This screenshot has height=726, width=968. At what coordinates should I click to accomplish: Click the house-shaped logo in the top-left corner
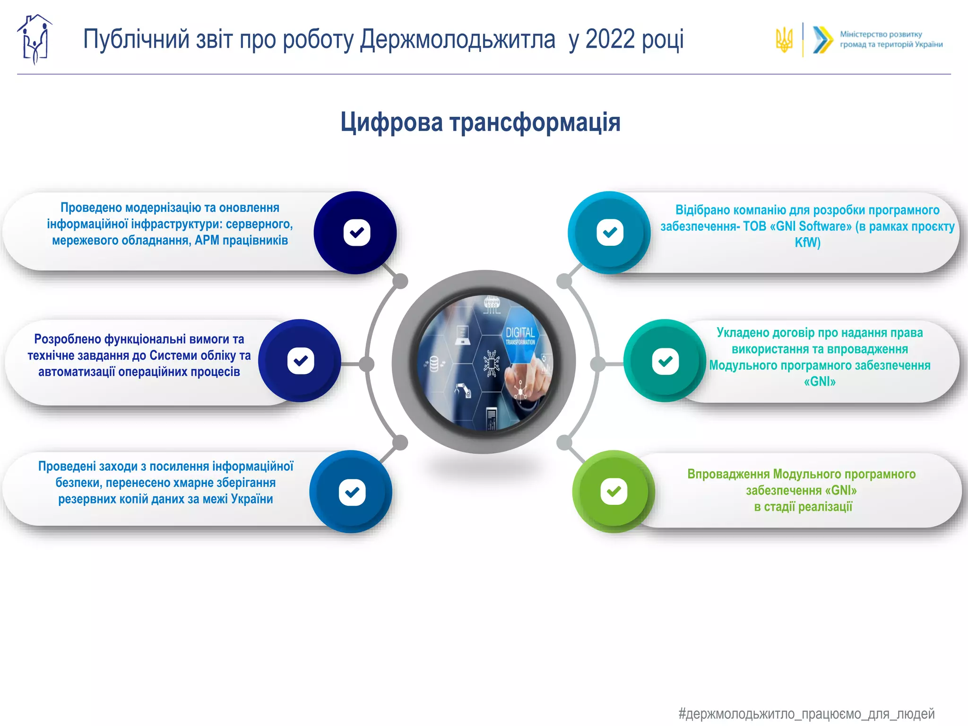(x=35, y=39)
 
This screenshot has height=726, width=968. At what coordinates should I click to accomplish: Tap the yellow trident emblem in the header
(x=784, y=40)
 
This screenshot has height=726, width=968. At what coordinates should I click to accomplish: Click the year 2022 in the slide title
(x=610, y=39)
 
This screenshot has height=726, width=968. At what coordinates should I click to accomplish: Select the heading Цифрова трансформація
(x=480, y=122)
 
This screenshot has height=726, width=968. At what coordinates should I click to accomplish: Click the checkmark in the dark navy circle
(x=356, y=233)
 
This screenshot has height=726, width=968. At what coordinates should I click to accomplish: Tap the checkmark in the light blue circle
(x=610, y=232)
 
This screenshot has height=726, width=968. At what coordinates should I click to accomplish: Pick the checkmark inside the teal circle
(x=665, y=361)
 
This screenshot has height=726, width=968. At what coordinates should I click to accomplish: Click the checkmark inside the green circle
(x=614, y=492)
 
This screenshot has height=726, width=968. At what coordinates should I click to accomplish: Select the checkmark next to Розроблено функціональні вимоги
(x=301, y=361)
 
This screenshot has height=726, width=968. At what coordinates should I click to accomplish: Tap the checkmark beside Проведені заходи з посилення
(x=352, y=493)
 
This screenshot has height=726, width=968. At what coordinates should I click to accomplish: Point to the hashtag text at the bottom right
(x=806, y=713)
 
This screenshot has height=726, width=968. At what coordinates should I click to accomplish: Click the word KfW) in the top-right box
(x=807, y=242)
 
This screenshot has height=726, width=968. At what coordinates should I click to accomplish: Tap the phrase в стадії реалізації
(x=803, y=507)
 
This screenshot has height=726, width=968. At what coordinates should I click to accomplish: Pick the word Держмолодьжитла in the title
(x=458, y=39)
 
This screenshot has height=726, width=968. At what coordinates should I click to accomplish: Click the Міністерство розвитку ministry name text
(x=881, y=35)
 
